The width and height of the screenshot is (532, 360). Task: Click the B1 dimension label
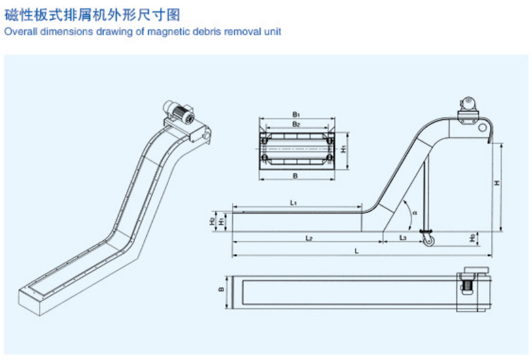295,114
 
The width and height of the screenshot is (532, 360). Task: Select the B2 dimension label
295,124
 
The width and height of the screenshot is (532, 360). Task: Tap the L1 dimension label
294,202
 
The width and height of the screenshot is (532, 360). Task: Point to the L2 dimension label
309,238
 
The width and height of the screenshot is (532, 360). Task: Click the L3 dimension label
403,238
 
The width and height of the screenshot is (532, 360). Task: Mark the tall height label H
497,183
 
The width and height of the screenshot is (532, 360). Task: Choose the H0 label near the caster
472,238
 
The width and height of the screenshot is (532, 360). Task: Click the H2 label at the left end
212,221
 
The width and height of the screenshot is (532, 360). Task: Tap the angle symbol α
415,212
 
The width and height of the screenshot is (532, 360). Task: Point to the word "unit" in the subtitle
272,31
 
